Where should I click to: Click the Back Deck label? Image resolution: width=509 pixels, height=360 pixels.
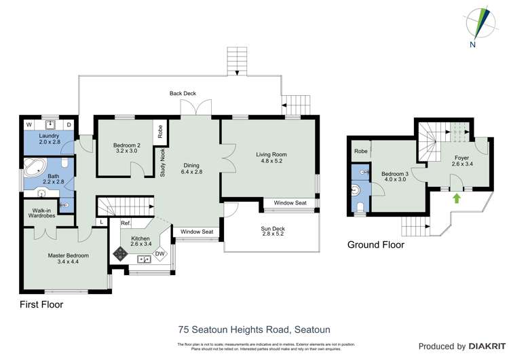(183, 93)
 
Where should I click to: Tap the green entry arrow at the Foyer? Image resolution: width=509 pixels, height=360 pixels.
(456, 198)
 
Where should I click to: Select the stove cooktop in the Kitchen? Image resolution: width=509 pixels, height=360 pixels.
(120, 254)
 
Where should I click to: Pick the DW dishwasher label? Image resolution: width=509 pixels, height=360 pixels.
(159, 254)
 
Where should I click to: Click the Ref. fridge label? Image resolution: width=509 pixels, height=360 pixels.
(126, 223)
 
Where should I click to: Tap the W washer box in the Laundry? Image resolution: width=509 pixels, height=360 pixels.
(29, 125)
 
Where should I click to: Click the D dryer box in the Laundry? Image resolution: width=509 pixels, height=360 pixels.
(69, 125)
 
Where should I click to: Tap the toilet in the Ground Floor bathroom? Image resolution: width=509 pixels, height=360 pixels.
(360, 206)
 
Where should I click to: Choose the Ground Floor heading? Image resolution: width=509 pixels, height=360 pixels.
(375, 245)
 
